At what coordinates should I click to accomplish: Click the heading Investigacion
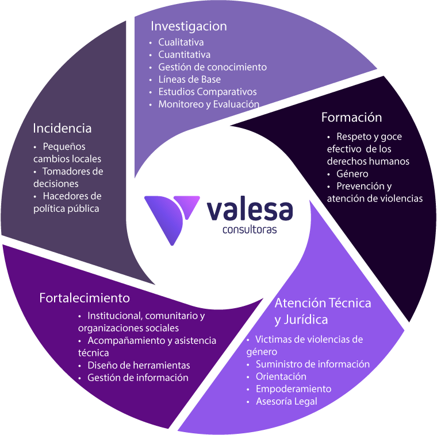click(189, 26)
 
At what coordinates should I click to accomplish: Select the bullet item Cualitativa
click(181, 42)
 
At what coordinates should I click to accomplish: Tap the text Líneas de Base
click(189, 79)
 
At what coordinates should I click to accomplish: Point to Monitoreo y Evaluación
click(209, 104)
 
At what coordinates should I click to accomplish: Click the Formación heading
click(351, 117)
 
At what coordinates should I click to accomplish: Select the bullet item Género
click(352, 173)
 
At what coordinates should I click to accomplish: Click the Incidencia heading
click(62, 127)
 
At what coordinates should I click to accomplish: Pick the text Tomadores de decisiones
click(68, 177)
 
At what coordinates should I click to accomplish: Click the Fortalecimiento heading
click(85, 298)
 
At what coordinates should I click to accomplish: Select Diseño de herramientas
click(139, 365)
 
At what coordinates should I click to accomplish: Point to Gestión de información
click(137, 378)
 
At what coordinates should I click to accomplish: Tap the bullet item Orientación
click(281, 376)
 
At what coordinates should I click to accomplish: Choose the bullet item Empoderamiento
click(293, 389)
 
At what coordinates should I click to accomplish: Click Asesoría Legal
click(286, 402)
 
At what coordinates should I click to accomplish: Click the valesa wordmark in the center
click(249, 209)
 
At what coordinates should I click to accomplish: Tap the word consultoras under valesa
click(249, 230)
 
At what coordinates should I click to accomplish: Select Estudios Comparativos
click(207, 92)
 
